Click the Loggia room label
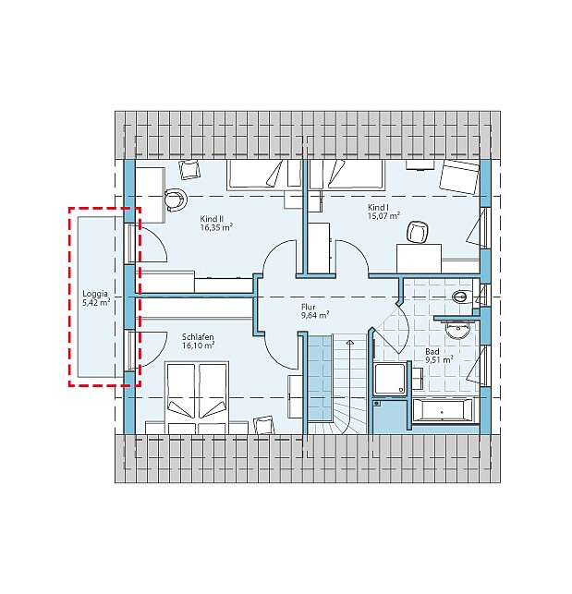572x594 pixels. pyautogui.click(x=95, y=294)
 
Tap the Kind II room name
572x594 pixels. pyautogui.click(x=212, y=219)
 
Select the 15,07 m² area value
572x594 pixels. pyautogui.click(x=383, y=216)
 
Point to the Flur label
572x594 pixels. pyautogui.click(x=308, y=307)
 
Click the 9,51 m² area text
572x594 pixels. pyautogui.click(x=439, y=360)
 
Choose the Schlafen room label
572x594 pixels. pyautogui.click(x=198, y=337)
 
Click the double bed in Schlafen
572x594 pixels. pyautogui.click(x=197, y=398)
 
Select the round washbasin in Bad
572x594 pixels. pyautogui.click(x=457, y=331)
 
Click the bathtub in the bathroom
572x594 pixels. pyautogui.click(x=443, y=410)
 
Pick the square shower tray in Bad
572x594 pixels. pyautogui.click(x=390, y=379)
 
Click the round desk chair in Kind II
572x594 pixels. pyautogui.click(x=176, y=200)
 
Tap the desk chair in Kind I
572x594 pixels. pyautogui.click(x=418, y=232)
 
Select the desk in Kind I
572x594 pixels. pyautogui.click(x=419, y=259)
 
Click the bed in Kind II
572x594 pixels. pyautogui.click(x=264, y=175)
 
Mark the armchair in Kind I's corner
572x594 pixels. pyautogui.click(x=459, y=177)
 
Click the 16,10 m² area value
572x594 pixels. pyautogui.click(x=199, y=345)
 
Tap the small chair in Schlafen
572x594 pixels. pyautogui.click(x=264, y=426)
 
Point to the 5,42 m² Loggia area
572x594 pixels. pyautogui.click(x=96, y=303)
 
